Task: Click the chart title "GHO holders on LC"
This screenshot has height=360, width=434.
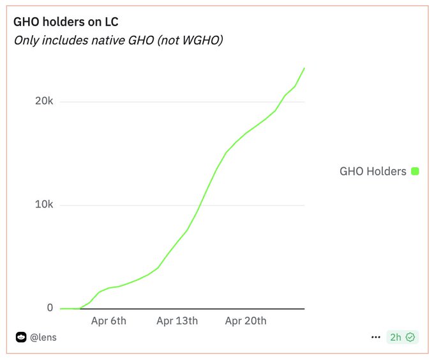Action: [66, 22]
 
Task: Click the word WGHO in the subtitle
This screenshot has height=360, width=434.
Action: [202, 40]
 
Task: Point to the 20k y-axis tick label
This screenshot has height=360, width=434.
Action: [44, 101]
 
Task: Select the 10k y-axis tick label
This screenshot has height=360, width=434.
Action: [44, 205]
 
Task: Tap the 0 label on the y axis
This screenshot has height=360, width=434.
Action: [50, 308]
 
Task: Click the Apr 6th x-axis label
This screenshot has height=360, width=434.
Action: [108, 320]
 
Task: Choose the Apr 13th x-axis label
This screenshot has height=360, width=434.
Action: [177, 320]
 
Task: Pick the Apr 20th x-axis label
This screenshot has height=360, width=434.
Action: [246, 320]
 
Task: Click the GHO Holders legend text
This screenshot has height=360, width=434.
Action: [373, 171]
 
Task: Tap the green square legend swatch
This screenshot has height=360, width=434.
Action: [415, 171]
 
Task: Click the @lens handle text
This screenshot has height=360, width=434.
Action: [43, 337]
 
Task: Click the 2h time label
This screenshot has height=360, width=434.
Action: [396, 337]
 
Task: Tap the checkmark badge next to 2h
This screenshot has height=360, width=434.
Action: [410, 337]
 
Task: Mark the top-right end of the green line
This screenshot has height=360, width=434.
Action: [304, 68]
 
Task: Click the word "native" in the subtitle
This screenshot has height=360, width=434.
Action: [108, 40]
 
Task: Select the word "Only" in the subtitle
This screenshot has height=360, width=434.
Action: [26, 40]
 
